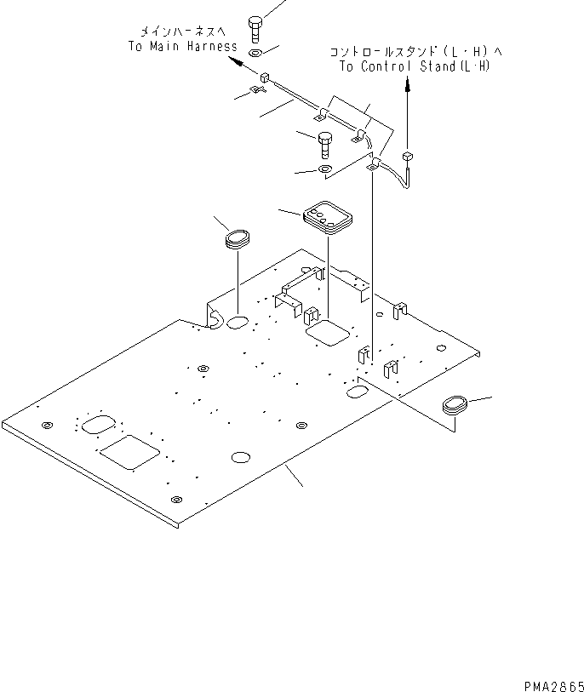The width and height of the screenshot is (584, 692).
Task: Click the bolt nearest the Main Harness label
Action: point(255,28)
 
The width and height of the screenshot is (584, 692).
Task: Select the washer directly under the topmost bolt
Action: point(255,54)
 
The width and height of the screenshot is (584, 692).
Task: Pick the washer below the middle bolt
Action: point(324,170)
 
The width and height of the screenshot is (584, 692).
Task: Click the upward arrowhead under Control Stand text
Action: point(407,85)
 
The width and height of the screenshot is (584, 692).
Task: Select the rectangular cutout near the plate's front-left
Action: point(129,452)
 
